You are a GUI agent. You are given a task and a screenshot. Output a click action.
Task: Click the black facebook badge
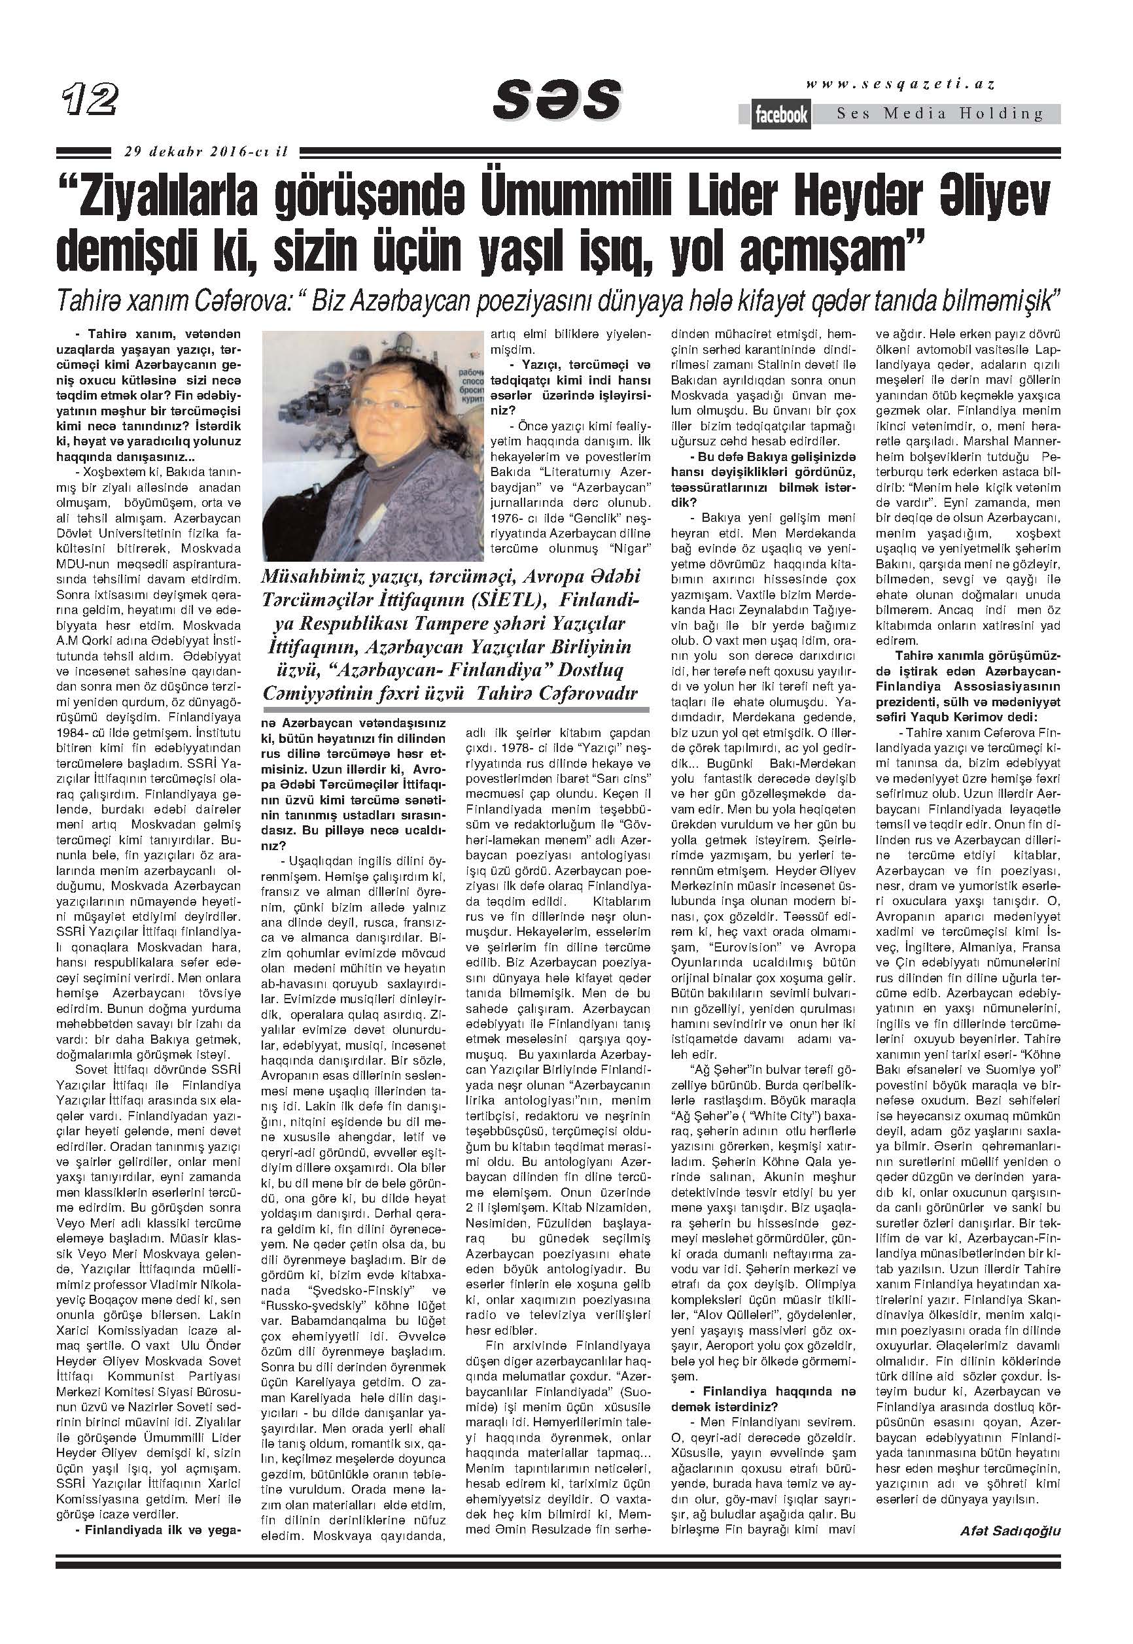pyautogui.click(x=781, y=115)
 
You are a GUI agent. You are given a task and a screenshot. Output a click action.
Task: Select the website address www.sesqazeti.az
pyautogui.click(x=899, y=84)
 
